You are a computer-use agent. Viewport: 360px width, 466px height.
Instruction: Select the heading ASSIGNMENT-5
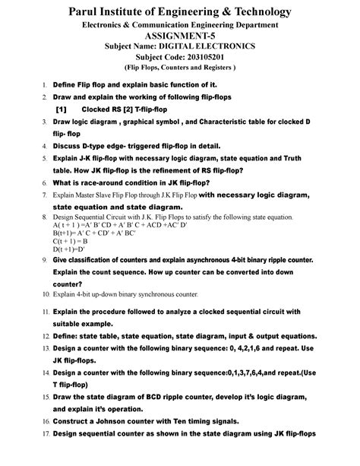pyautogui.click(x=180, y=36)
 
